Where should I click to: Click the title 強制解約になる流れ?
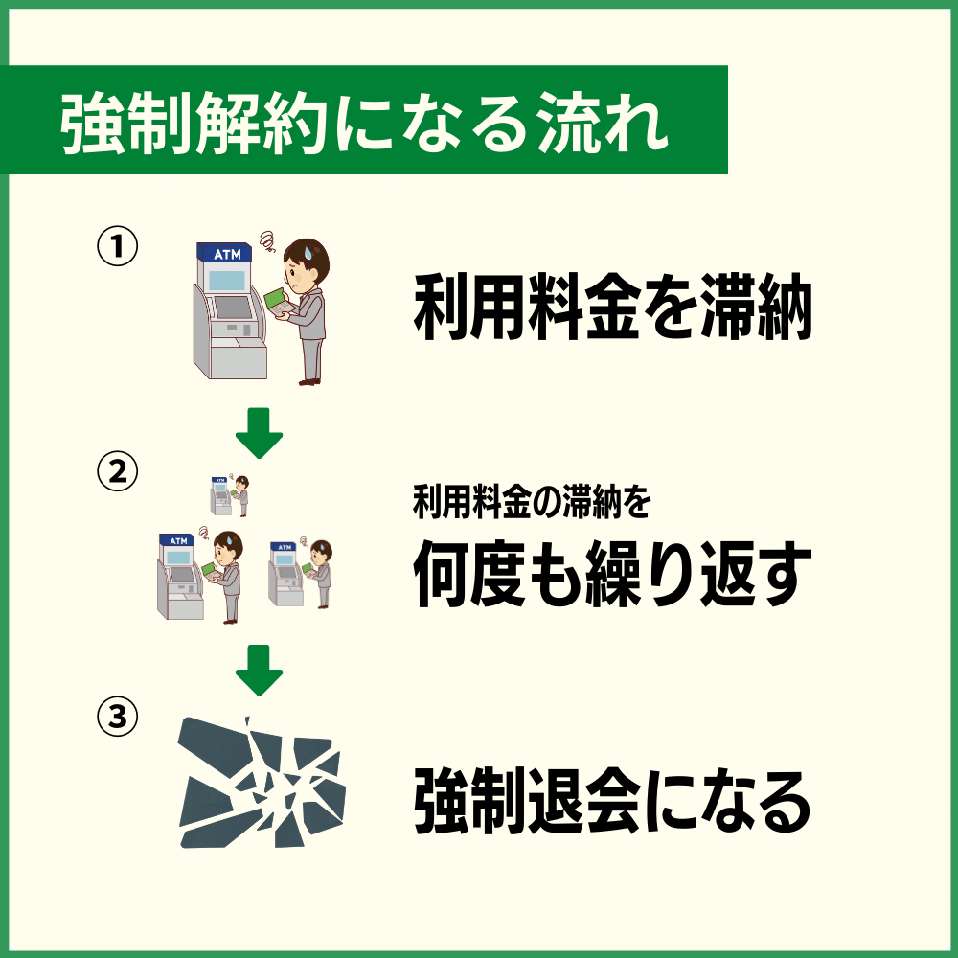pyautogui.click(x=364, y=122)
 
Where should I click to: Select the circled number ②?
pyautogui.click(x=117, y=471)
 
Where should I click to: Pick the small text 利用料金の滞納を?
pyautogui.click(x=532, y=502)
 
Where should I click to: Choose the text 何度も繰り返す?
pyautogui.click(x=613, y=575)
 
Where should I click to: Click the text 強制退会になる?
pyautogui.click(x=613, y=803)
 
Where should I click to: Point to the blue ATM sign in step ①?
pyautogui.click(x=224, y=253)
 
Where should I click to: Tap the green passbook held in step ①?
pyautogui.click(x=278, y=304)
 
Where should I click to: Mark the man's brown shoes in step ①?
pyautogui.click(x=308, y=381)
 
